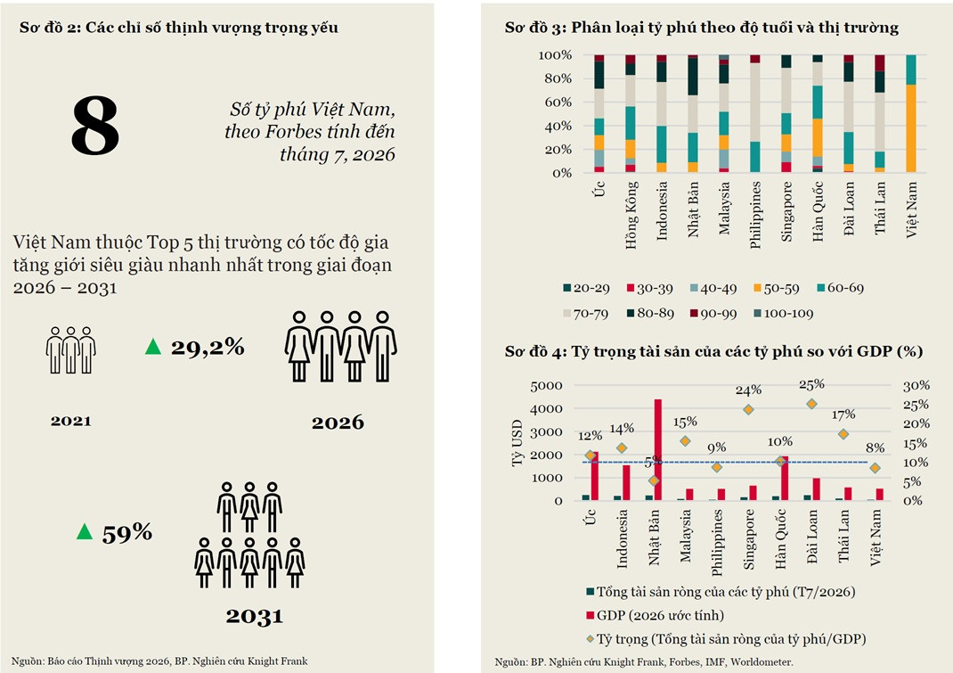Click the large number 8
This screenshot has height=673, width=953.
pyautogui.click(x=94, y=126)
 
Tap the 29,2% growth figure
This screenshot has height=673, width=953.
pyautogui.click(x=208, y=347)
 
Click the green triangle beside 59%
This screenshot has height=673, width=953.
pyautogui.click(x=85, y=532)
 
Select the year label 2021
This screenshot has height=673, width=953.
pyautogui.click(x=71, y=421)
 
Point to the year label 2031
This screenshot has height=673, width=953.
pyautogui.click(x=254, y=617)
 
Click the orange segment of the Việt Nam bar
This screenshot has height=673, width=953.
pyautogui.click(x=910, y=128)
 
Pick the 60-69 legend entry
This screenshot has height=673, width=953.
pyautogui.click(x=841, y=288)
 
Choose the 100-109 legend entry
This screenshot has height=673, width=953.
pyautogui.click(x=783, y=314)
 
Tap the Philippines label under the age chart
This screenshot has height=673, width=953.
pyautogui.click(x=755, y=215)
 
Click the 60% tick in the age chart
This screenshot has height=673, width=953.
pyautogui.click(x=558, y=103)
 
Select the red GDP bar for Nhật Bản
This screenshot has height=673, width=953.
pyautogui.click(x=657, y=449)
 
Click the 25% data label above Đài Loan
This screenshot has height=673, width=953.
pyautogui.click(x=811, y=384)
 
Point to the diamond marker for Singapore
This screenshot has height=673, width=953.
pyautogui.click(x=748, y=409)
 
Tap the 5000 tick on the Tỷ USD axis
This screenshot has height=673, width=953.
pyautogui.click(x=546, y=386)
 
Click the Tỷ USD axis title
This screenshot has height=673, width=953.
pyautogui.click(x=517, y=443)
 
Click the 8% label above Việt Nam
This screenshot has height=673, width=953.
pyautogui.click(x=875, y=447)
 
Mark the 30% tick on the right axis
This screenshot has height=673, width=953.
pyautogui.click(x=916, y=385)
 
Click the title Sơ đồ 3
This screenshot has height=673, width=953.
pyautogui.click(x=701, y=28)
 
